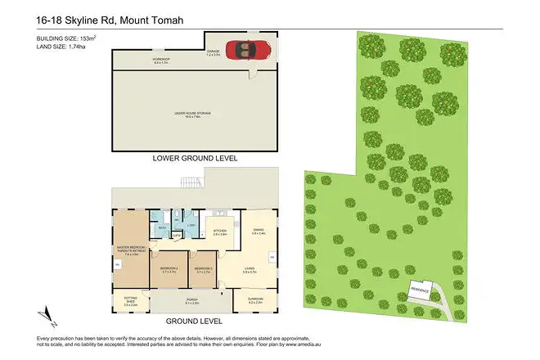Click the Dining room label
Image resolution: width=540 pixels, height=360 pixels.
click(x=258, y=231)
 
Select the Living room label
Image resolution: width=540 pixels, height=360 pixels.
click(x=250, y=270)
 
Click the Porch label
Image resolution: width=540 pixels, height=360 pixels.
click(x=192, y=300)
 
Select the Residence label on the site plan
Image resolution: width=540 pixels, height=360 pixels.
click(x=420, y=290)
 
